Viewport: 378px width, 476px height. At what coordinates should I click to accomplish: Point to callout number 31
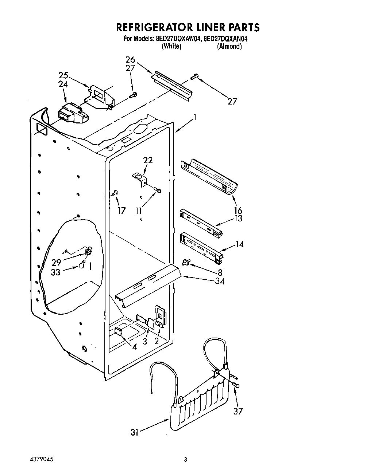coord(135,432)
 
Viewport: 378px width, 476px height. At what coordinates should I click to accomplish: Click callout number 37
coord(238,411)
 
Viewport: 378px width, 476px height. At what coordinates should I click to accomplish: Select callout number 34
coord(220,281)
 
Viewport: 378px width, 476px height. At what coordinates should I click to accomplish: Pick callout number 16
coord(238,210)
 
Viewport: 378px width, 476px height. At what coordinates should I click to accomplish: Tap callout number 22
coord(148,160)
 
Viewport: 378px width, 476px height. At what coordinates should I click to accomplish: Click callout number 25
coord(63,75)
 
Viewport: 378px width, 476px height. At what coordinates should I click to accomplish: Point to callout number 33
coord(55,272)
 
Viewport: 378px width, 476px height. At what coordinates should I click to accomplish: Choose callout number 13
coord(238,219)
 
